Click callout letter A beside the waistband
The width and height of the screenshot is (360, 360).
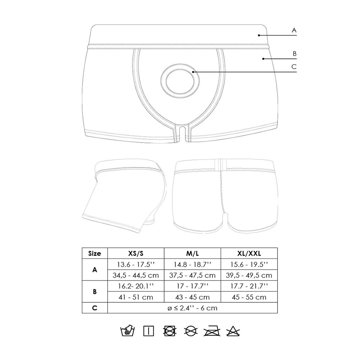[x=294, y=31]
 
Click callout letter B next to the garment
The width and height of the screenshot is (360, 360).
[x=294, y=54]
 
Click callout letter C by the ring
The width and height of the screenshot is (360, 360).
[x=294, y=67]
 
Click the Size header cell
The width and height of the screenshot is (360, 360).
[x=95, y=253]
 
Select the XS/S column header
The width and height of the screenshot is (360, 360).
[x=136, y=253]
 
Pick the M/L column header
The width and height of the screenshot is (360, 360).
[x=192, y=253]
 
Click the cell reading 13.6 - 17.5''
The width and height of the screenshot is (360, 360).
[x=136, y=264]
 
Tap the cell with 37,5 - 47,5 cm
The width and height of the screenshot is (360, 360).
[x=192, y=275]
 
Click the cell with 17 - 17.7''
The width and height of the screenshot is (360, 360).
[x=192, y=286]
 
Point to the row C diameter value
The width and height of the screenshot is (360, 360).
[x=192, y=308]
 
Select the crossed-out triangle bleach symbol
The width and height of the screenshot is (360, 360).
[x=232, y=330]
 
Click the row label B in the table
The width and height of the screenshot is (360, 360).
[x=95, y=292]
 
